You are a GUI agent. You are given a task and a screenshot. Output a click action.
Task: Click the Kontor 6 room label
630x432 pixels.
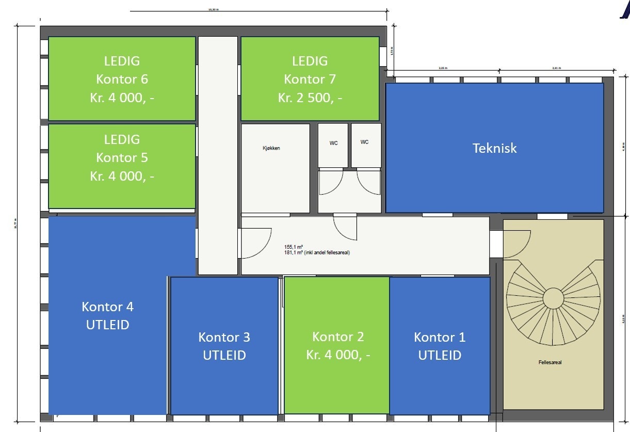click(x=122, y=79)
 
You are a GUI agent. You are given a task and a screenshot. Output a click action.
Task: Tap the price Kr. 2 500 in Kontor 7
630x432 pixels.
click(x=310, y=98)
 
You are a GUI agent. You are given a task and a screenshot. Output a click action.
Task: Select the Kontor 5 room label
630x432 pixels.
click(x=122, y=157)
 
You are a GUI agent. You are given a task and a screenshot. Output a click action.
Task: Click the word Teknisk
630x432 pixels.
click(x=494, y=148)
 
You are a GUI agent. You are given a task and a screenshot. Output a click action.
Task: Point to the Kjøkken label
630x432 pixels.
click(x=271, y=148)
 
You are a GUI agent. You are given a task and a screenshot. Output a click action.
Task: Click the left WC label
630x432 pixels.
click(x=333, y=143)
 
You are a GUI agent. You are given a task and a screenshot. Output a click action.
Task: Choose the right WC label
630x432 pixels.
click(x=365, y=142)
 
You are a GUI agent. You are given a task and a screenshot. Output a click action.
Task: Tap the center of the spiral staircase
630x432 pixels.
click(x=553, y=298)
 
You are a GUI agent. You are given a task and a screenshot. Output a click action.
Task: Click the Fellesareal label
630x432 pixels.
click(x=550, y=362)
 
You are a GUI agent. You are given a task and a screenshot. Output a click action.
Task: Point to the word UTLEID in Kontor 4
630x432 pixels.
click(x=107, y=325)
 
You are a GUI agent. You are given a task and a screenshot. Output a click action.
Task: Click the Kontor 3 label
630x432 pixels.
click(x=224, y=337)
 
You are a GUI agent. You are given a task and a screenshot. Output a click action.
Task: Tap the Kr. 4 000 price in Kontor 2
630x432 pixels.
click(x=338, y=355)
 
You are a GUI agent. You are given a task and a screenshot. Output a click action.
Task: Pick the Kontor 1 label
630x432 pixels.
click(x=440, y=337)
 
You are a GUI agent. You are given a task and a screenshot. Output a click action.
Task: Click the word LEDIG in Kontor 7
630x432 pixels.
click(x=310, y=61)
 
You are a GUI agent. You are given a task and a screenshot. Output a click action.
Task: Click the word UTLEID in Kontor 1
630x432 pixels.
click(x=440, y=355)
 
